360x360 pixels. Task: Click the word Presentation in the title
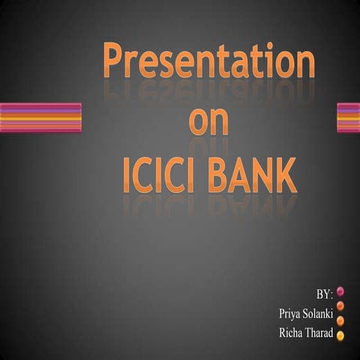[208, 62]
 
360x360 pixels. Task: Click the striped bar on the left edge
[40, 118]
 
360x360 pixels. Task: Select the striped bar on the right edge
[348, 118]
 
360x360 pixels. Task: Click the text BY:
[324, 291]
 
